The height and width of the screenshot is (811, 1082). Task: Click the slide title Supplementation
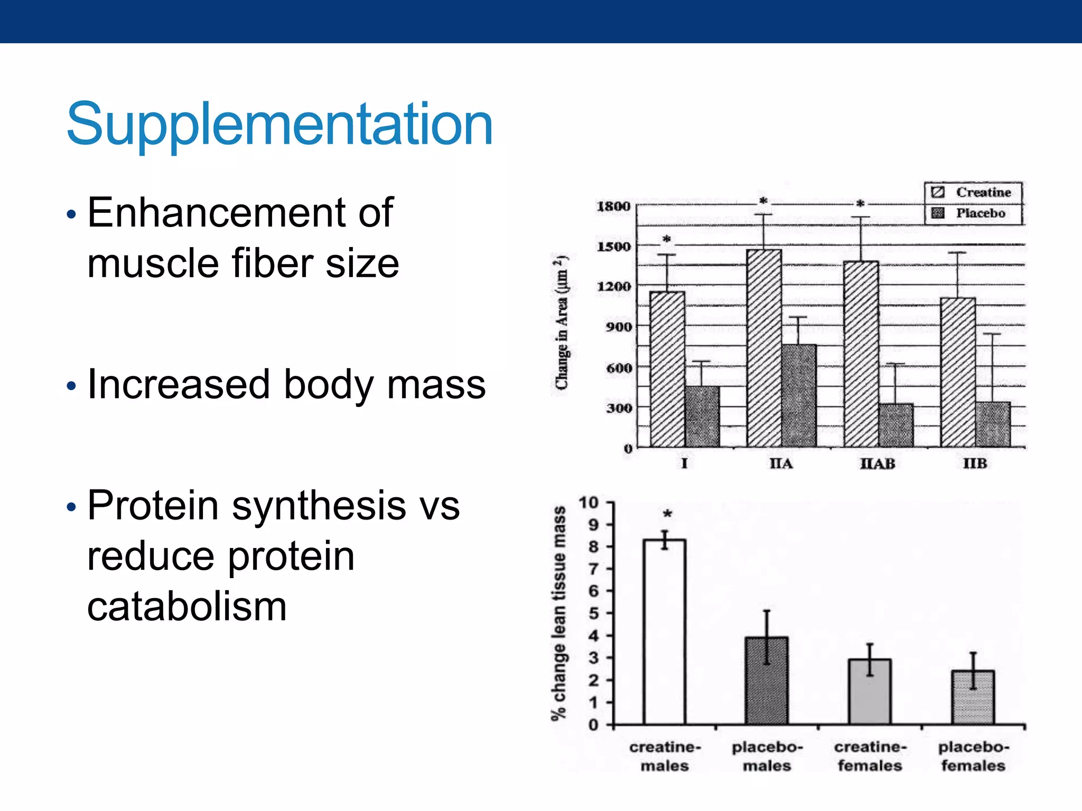tap(279, 125)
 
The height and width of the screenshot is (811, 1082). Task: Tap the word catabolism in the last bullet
tap(187, 607)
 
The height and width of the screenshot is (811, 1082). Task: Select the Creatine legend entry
tap(982, 192)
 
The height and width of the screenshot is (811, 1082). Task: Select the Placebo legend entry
tap(980, 213)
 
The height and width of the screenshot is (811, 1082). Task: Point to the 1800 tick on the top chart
tap(614, 206)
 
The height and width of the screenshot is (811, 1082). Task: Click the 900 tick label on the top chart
tap(619, 327)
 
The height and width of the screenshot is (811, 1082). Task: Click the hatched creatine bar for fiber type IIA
tap(764, 348)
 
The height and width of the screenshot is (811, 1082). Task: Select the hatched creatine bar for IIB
tap(957, 372)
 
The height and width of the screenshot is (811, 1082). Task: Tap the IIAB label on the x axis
tap(878, 464)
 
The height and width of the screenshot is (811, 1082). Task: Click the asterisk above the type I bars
tap(667, 240)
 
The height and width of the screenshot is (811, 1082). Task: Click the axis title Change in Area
tap(562, 322)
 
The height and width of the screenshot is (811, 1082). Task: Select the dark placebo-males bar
tap(767, 681)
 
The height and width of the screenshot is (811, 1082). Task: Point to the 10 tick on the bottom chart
tap(589, 502)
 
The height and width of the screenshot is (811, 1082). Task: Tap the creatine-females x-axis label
tap(870, 756)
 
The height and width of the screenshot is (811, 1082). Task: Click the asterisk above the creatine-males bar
tap(667, 514)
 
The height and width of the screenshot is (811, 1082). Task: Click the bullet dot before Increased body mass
tap(72, 386)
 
